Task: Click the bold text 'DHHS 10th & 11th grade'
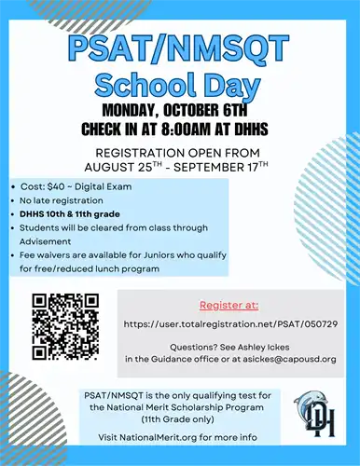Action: pos(71,213)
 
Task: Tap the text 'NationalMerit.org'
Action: pos(164,435)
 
